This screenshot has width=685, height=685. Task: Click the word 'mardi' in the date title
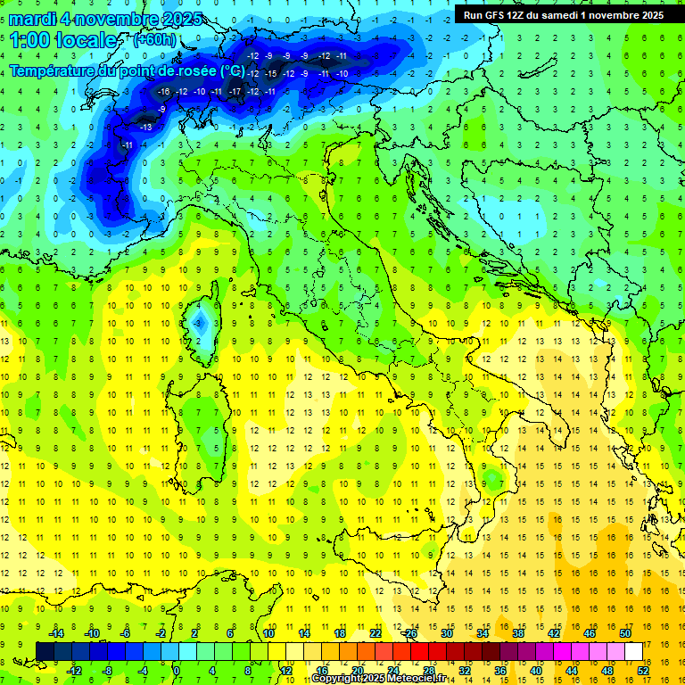click(x=33, y=19)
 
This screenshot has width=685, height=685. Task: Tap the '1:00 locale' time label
click(x=62, y=40)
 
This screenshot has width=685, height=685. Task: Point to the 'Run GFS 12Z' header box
click(x=563, y=14)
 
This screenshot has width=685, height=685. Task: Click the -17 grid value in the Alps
click(x=235, y=91)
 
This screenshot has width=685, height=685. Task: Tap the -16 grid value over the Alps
click(x=163, y=91)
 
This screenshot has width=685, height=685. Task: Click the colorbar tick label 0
click(x=177, y=671)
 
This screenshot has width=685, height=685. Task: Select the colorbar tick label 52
click(x=643, y=671)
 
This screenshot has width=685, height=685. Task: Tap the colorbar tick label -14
click(x=56, y=633)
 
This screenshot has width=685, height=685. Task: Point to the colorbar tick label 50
click(x=625, y=633)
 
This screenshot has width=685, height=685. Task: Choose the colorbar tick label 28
click(x=428, y=671)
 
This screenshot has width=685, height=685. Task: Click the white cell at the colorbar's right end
click(x=633, y=651)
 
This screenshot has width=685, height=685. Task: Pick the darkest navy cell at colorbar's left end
click(x=45, y=651)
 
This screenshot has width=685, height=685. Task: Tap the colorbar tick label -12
click(x=74, y=671)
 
